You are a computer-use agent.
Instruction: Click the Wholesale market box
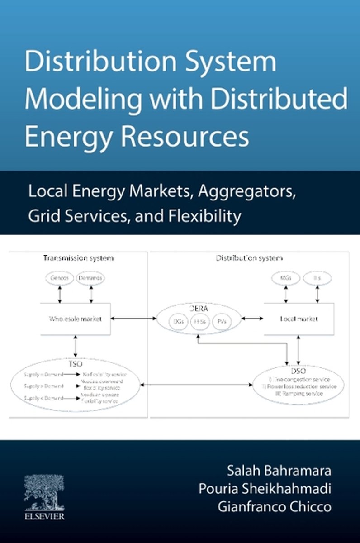point(76,319)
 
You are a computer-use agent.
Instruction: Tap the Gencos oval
point(60,278)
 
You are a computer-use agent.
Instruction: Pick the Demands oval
point(90,278)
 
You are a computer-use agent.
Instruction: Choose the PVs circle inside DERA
point(222,322)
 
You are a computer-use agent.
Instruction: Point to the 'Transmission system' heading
point(78,258)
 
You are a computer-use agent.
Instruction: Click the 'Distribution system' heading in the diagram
point(249,258)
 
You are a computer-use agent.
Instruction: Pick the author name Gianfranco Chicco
point(275,507)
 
